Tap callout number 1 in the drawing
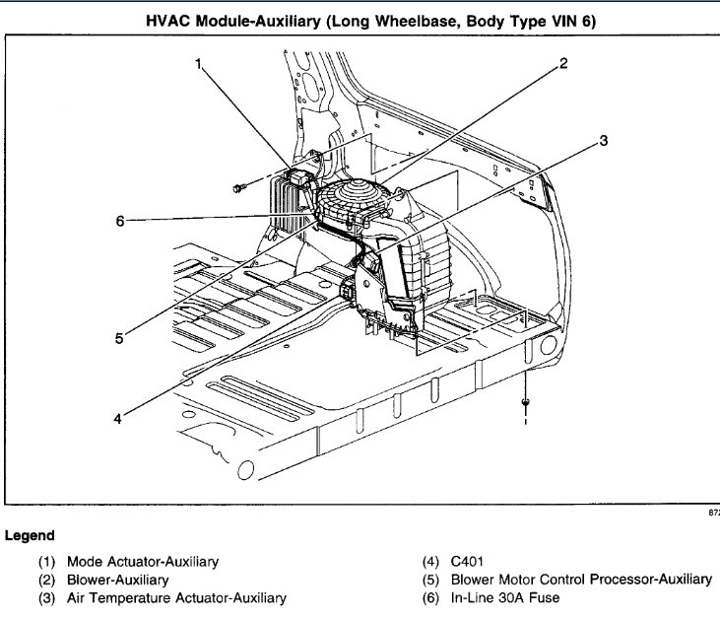(198, 64)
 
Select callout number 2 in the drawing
(564, 64)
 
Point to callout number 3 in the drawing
(603, 140)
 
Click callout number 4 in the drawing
(117, 417)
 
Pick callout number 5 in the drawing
(117, 337)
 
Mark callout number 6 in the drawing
(120, 222)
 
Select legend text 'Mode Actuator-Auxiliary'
(142, 561)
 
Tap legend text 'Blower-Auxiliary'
(117, 580)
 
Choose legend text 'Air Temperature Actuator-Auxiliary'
(176, 597)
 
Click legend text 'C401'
(470, 561)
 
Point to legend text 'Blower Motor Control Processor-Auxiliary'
(581, 580)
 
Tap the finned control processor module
(288, 201)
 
